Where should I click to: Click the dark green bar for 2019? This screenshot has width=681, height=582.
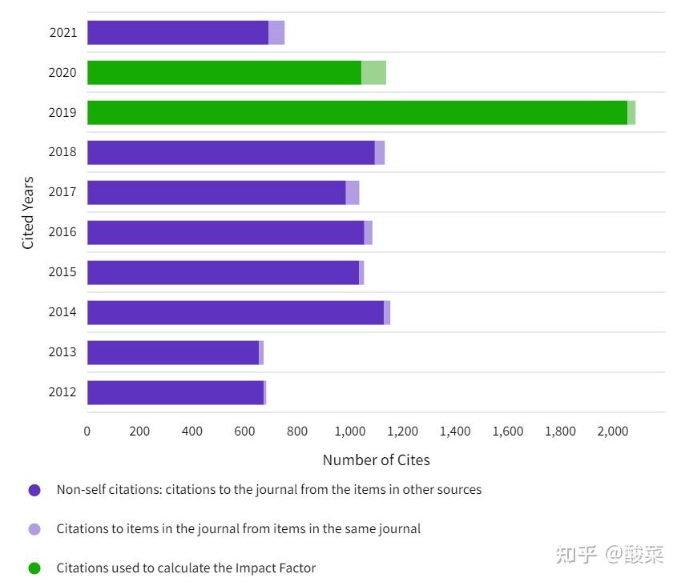357,113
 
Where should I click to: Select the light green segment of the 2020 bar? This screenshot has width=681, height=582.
373,73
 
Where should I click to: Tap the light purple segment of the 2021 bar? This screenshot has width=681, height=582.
276,33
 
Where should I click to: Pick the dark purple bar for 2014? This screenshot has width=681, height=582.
235,312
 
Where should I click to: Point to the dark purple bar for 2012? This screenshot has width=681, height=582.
175,392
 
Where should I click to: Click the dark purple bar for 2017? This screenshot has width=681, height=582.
216,192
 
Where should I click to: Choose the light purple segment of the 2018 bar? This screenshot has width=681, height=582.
380,152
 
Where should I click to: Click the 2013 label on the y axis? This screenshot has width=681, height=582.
62,352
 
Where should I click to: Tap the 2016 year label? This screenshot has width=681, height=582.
62,232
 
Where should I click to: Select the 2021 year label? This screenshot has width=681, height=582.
62,33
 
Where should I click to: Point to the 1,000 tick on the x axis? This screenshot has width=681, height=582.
349,431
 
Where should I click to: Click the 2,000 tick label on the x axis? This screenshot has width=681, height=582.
612,431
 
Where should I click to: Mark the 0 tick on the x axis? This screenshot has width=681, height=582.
87,431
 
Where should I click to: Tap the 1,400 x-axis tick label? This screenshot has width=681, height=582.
455,431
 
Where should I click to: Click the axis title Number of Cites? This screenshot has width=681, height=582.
376,460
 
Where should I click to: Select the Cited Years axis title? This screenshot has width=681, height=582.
28,213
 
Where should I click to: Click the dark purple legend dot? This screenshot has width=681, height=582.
34,490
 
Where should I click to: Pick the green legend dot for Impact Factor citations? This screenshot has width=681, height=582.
34,568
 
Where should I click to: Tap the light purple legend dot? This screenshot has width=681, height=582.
34,529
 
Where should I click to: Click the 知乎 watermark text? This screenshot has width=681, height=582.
576,554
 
